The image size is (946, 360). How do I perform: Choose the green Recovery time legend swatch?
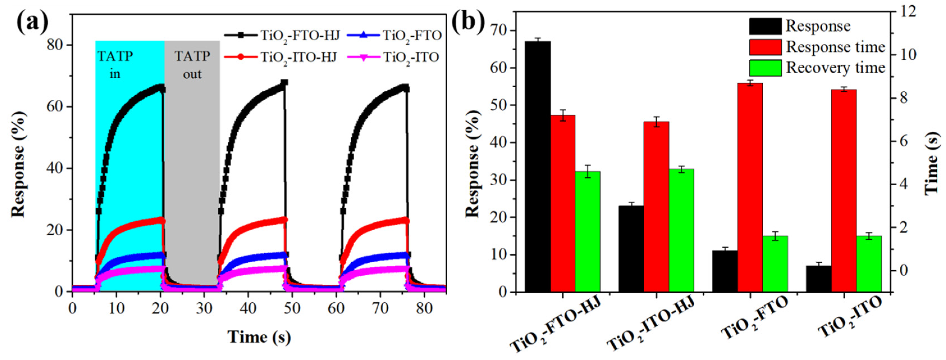pyautogui.click(x=765, y=68)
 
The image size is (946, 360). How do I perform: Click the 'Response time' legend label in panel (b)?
pyautogui.click(x=835, y=47)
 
